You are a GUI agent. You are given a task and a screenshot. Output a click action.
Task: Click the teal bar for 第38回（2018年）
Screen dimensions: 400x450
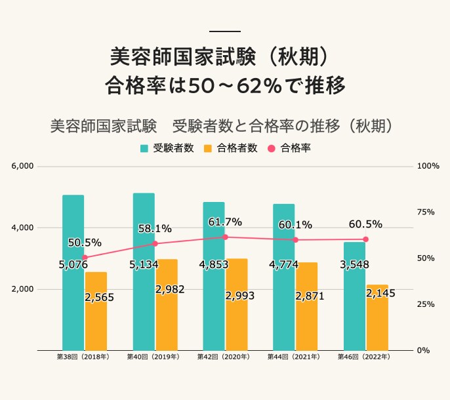(x=73, y=302)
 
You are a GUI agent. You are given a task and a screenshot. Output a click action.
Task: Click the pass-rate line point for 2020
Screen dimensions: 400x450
(x=225, y=237)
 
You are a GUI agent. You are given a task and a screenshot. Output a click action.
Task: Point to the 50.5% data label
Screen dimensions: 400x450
(x=85, y=243)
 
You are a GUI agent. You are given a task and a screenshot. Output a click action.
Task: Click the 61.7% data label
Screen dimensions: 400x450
(x=225, y=222)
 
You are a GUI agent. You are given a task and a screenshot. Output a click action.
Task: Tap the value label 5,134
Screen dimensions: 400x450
(x=143, y=265)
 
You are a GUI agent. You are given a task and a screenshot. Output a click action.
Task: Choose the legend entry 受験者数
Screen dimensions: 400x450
(x=167, y=148)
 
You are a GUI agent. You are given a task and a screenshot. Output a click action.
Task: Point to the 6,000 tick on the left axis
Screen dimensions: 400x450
(x=23, y=167)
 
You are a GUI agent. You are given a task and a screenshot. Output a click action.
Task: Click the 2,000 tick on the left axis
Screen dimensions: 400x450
(x=23, y=289)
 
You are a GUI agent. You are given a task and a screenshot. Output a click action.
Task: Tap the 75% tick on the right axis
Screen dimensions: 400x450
(x=428, y=212)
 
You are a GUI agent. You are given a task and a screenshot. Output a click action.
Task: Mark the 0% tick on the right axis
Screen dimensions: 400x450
(x=424, y=351)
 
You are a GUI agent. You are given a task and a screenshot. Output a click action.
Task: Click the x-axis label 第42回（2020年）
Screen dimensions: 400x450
(x=223, y=358)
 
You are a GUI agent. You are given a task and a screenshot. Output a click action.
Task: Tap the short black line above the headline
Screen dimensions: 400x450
(x=224, y=31)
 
